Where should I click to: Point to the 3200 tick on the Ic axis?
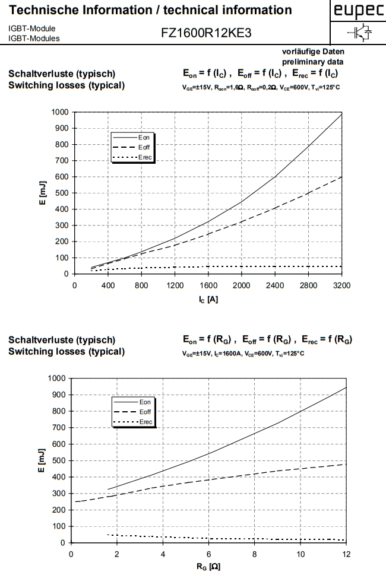(x=342, y=285)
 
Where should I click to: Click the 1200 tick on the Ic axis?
(x=175, y=285)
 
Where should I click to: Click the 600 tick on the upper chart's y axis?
(x=60, y=177)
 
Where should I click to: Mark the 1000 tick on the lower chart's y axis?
(x=58, y=378)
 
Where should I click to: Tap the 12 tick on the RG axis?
(x=347, y=554)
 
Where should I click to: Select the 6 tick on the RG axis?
(x=209, y=554)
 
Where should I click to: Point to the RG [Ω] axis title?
(x=208, y=568)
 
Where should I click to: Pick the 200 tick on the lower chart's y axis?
(x=60, y=510)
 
